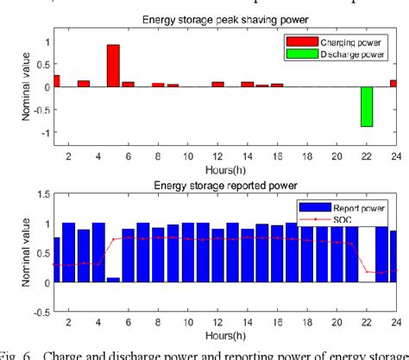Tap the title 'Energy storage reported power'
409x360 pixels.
223,185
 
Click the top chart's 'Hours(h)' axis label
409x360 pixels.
223,167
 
